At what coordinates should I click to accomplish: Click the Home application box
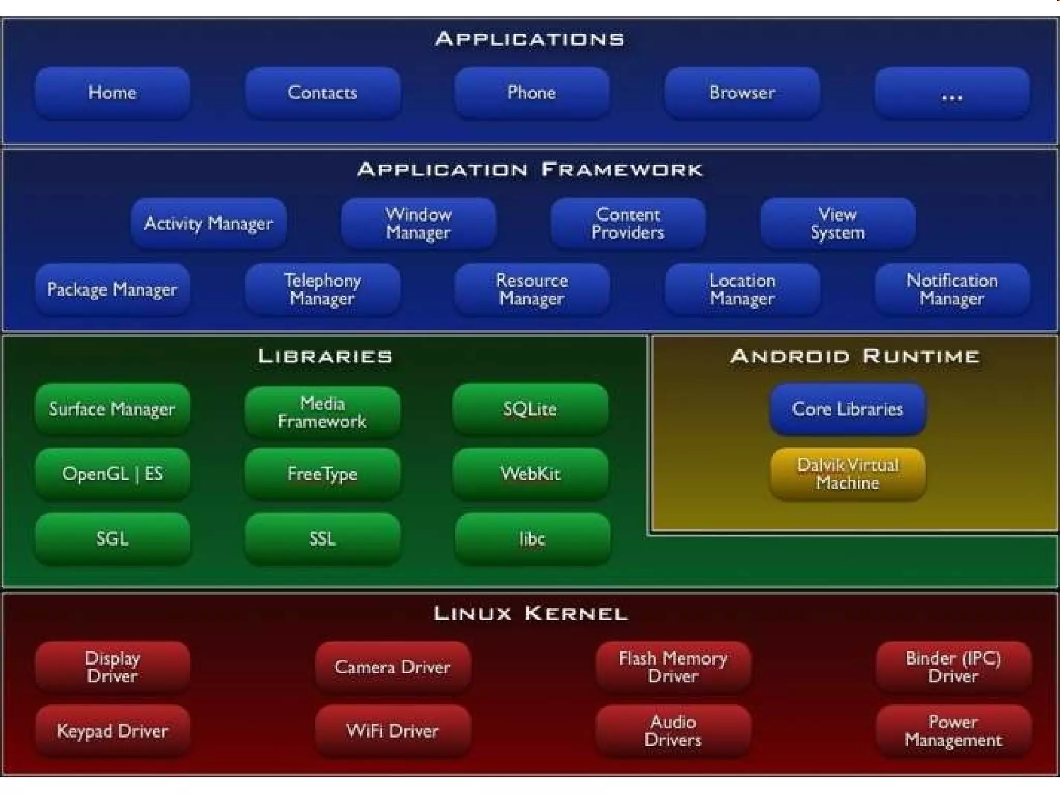pos(112,93)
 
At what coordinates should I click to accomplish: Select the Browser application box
pos(742,93)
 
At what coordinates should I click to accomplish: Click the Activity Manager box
pos(209,223)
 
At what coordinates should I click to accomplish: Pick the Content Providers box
pos(628,223)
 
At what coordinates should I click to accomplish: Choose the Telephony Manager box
pos(322,289)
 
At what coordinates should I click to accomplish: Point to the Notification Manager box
pos(952,289)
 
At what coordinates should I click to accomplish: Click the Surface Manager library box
pos(112,409)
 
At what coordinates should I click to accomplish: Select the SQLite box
pos(530,409)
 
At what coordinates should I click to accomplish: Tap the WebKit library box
pos(530,474)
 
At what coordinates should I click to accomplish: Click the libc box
pos(532,539)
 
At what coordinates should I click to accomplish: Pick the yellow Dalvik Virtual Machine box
pos(847,474)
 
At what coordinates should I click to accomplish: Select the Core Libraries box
pos(847,409)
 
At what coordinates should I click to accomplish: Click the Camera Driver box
pos(392,667)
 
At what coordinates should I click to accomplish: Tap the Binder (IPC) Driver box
pos(953,667)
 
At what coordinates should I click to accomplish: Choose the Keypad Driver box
pos(112,731)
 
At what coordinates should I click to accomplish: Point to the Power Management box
pos(953,731)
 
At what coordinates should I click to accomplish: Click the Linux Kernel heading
pos(530,613)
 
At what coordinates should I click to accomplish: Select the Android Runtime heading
pos(855,356)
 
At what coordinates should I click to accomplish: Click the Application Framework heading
pos(530,170)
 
